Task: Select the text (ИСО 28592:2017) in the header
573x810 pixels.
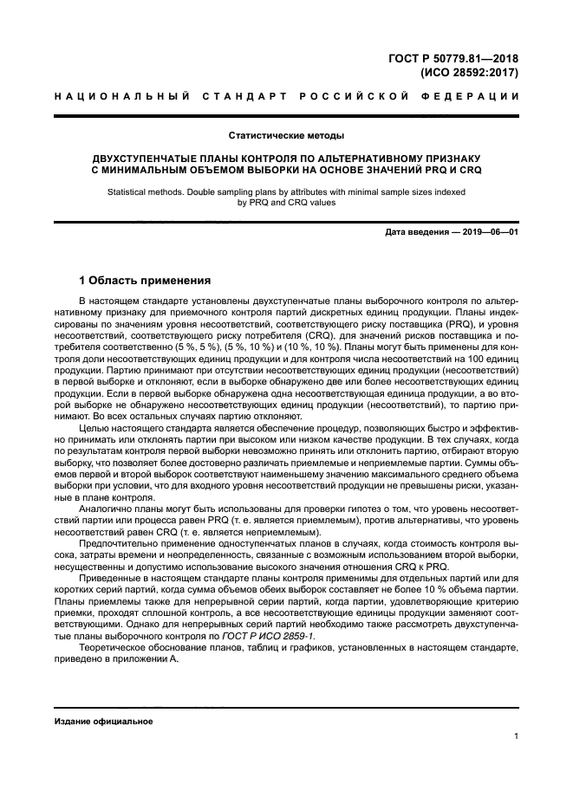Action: [469, 73]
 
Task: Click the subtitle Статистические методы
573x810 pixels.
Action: [286, 136]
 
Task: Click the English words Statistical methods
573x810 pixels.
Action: [147, 192]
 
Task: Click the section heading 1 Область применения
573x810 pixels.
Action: [143, 281]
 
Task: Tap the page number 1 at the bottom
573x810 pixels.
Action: [515, 736]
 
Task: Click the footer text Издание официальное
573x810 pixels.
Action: [103, 721]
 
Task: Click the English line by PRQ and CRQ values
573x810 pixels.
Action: [286, 204]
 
